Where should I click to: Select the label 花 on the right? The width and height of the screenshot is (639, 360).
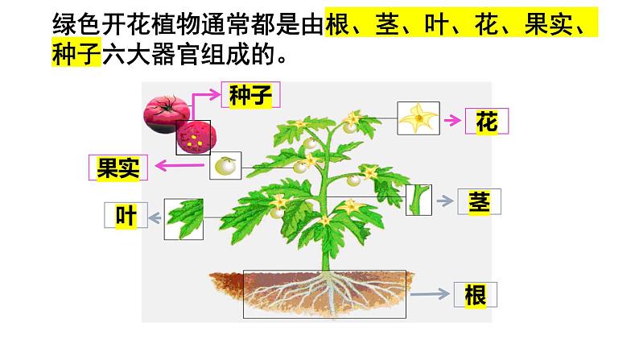coord(487,122)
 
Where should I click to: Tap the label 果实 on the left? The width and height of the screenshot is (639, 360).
coord(118,167)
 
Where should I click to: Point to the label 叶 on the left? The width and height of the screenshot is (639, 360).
coord(126,216)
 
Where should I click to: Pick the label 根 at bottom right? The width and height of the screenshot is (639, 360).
coord(476,296)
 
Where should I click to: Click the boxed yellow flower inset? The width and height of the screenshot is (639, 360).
coord(418,118)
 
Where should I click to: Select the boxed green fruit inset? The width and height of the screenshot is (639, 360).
coord(225,167)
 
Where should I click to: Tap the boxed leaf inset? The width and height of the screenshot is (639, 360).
coord(183,219)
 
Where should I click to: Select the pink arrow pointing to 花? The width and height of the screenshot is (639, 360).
coord(451,120)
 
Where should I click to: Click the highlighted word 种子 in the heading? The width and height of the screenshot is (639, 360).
coord(75,57)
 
